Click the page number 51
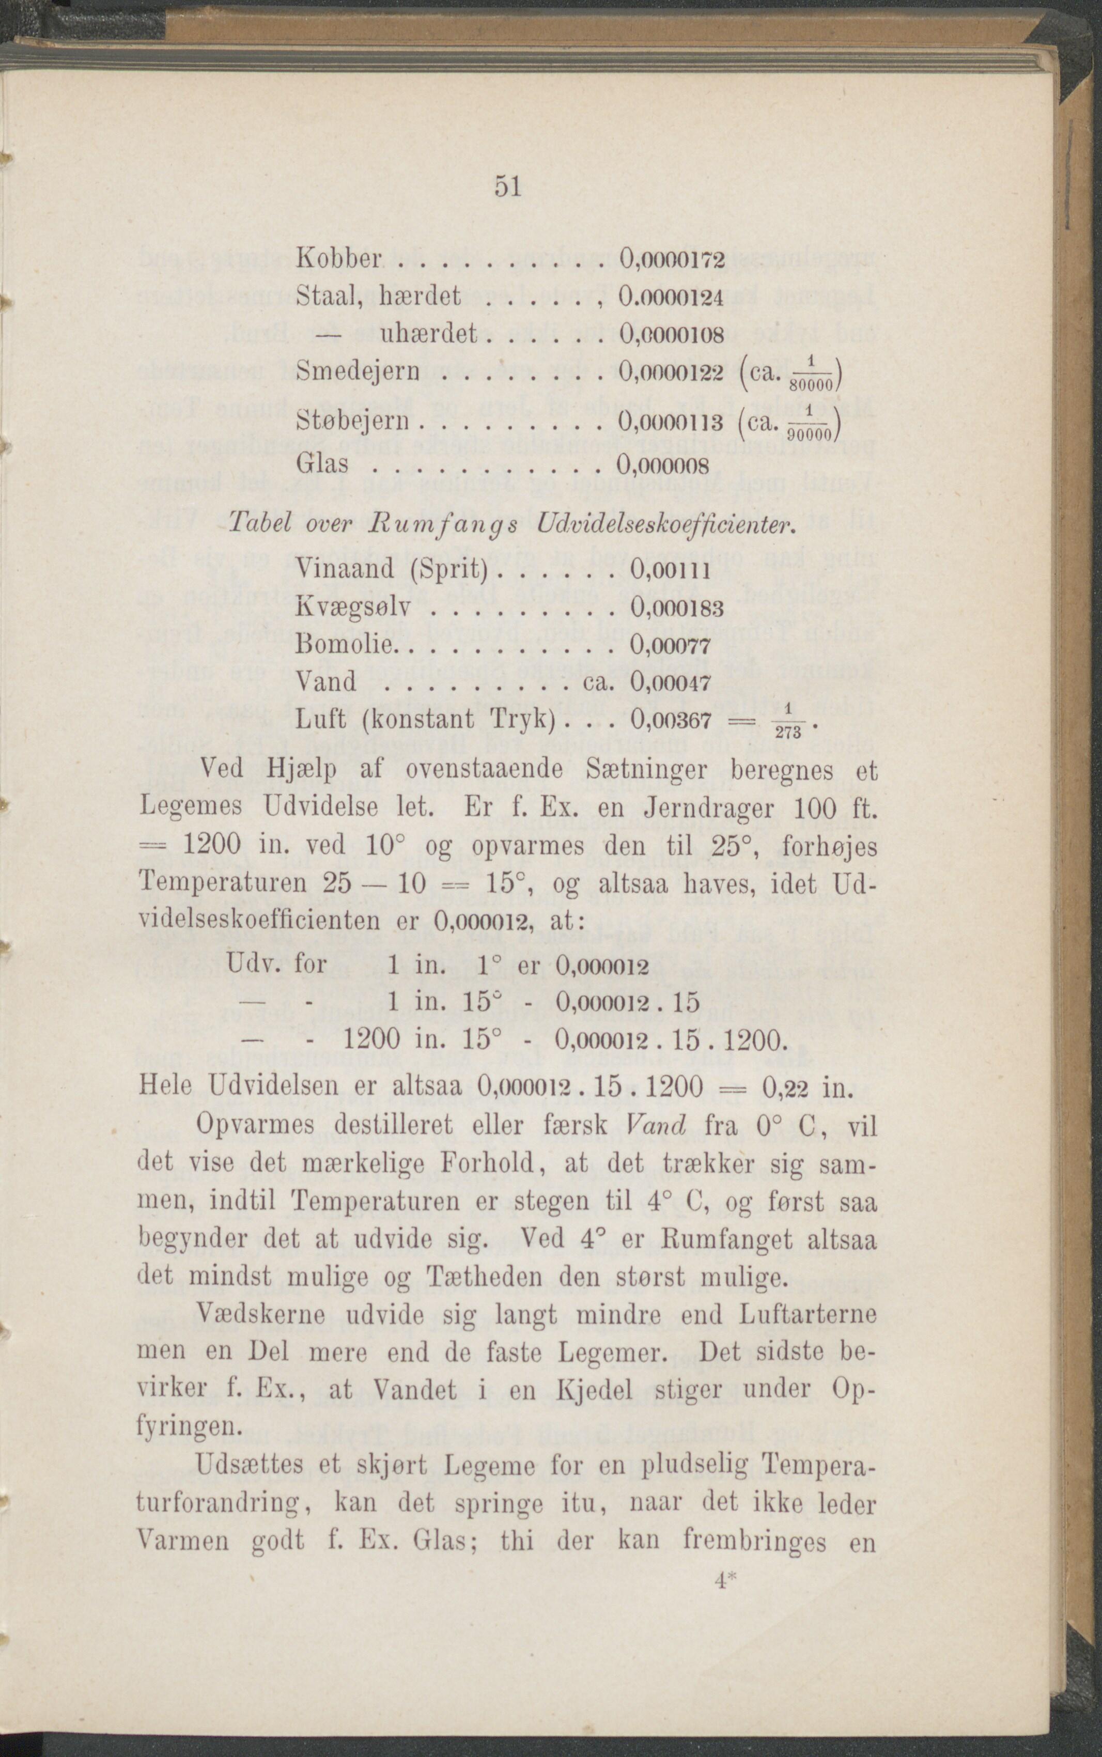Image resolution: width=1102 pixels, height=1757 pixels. coord(507,186)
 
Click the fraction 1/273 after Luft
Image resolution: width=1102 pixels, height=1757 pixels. coord(789,722)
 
